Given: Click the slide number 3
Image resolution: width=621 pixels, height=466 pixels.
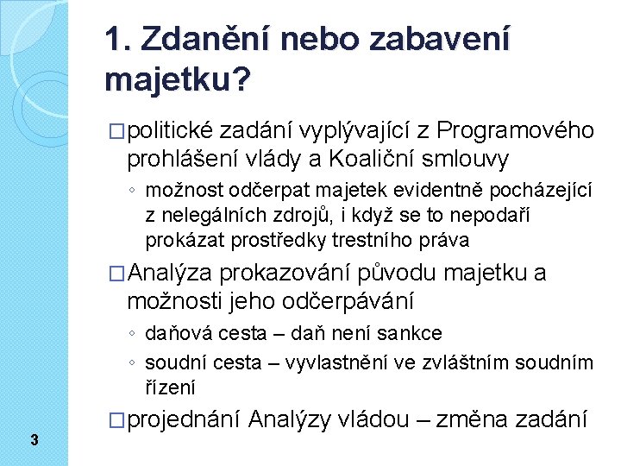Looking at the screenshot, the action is point(34,439).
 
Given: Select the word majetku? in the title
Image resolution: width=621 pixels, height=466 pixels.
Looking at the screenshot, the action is point(178,80).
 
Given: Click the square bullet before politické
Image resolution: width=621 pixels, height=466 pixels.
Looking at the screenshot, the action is point(116,131).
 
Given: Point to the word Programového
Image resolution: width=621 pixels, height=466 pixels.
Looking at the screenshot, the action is point(515,131).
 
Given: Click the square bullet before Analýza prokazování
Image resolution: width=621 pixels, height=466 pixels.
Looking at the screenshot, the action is point(116,274).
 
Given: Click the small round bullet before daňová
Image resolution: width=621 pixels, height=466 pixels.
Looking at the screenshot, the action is point(132,333).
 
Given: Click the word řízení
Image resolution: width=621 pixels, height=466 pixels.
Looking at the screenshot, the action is point(170,387).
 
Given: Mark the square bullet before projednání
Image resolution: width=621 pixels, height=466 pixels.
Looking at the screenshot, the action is point(116,420).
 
